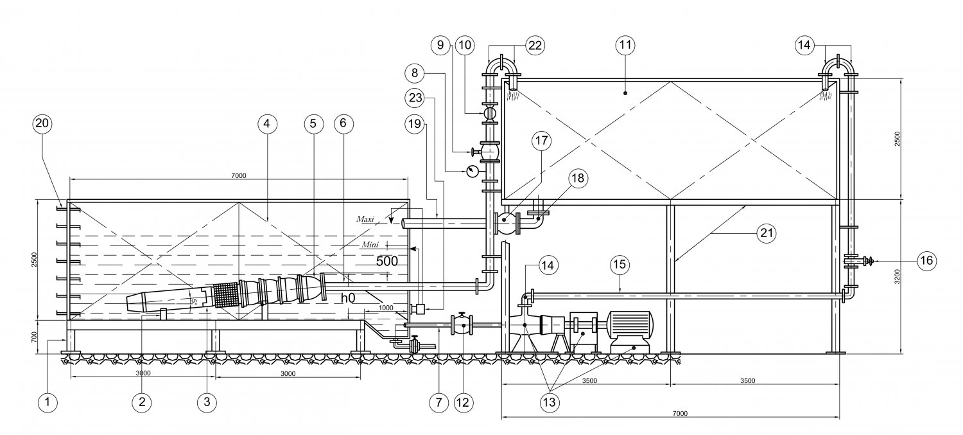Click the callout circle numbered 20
42,124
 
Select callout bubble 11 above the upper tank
625,45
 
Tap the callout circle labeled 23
415,98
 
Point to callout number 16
926,261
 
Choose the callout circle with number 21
767,233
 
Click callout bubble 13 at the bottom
550,402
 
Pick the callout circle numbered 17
541,141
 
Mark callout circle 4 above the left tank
267,124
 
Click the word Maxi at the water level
365,219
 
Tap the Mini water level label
370,245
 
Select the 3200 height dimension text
897,277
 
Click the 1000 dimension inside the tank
386,308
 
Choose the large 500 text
387,261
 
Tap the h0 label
348,297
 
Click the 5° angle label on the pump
194,303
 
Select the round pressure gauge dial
472,172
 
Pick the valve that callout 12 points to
462,325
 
